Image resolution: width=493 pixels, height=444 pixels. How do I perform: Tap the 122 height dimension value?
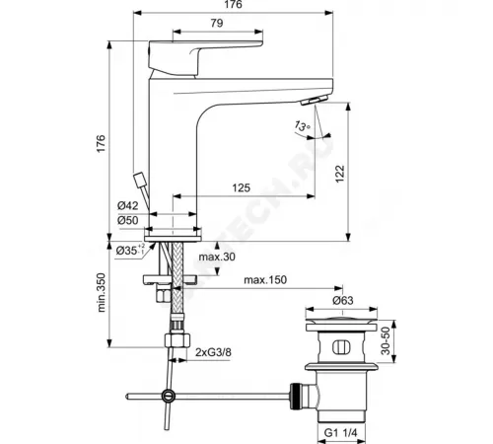[x=366, y=172]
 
